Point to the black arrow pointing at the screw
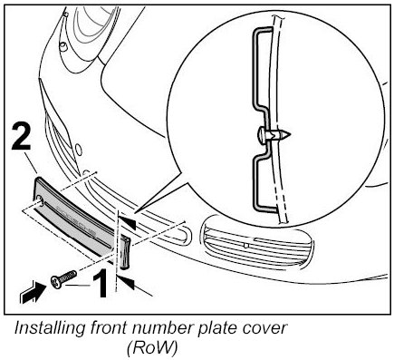click(34, 292)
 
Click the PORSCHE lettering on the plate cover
click(76, 220)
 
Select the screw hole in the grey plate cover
click(40, 199)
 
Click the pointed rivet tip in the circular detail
click(286, 134)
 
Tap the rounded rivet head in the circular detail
click(262, 135)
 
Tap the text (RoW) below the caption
click(151, 349)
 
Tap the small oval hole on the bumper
click(78, 149)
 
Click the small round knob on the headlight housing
click(63, 46)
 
